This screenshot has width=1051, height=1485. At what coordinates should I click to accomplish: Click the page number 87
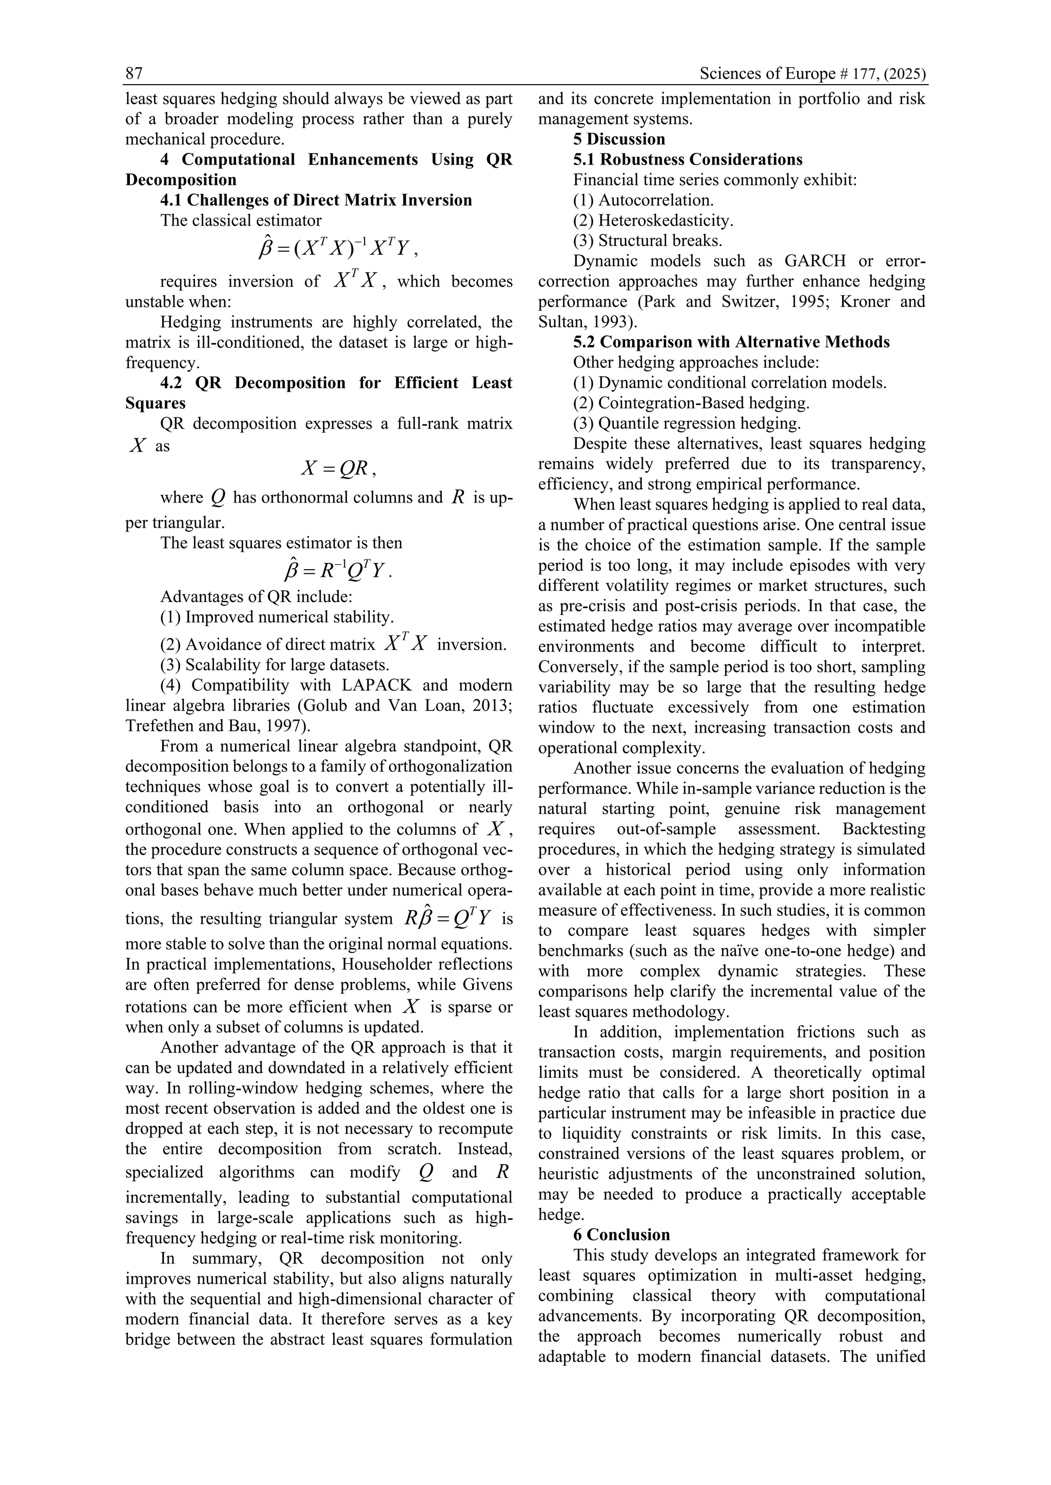pos(134,74)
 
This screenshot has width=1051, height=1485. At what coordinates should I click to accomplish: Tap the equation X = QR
pos(337,468)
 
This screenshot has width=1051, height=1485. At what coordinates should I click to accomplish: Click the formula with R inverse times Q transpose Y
pos(337,570)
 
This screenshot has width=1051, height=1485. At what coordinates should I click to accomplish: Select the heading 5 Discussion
pos(619,139)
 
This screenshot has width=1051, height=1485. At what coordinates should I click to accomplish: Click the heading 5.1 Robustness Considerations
pos(687,160)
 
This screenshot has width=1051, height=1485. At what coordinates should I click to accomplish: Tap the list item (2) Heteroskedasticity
pos(653,220)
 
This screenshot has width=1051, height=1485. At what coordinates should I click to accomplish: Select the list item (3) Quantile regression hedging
pos(687,424)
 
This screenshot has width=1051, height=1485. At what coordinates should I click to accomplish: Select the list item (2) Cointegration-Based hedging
pos(691,403)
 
